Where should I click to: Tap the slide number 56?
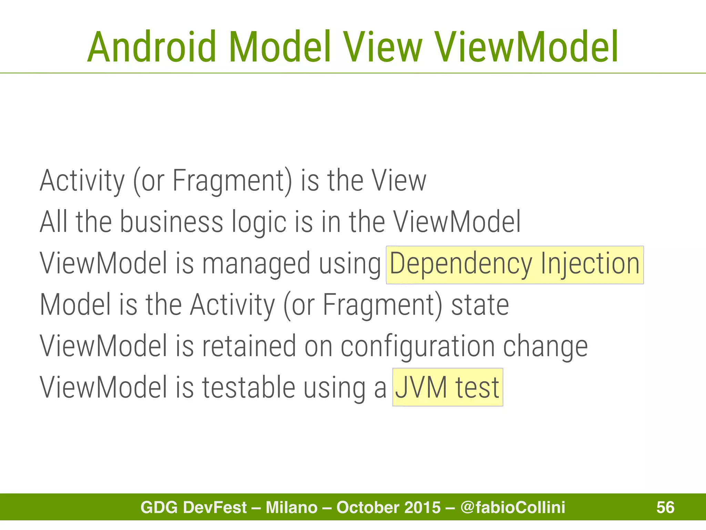[x=665, y=507]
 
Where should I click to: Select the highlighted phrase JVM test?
[x=447, y=387]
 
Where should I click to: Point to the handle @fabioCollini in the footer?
[x=513, y=507]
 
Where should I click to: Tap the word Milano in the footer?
[x=292, y=507]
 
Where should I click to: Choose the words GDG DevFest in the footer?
[x=194, y=507]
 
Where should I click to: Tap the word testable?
[x=249, y=387]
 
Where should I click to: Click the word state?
[x=480, y=305]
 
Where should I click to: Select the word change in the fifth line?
[x=545, y=346]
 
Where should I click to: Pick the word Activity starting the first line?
[x=82, y=181]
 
